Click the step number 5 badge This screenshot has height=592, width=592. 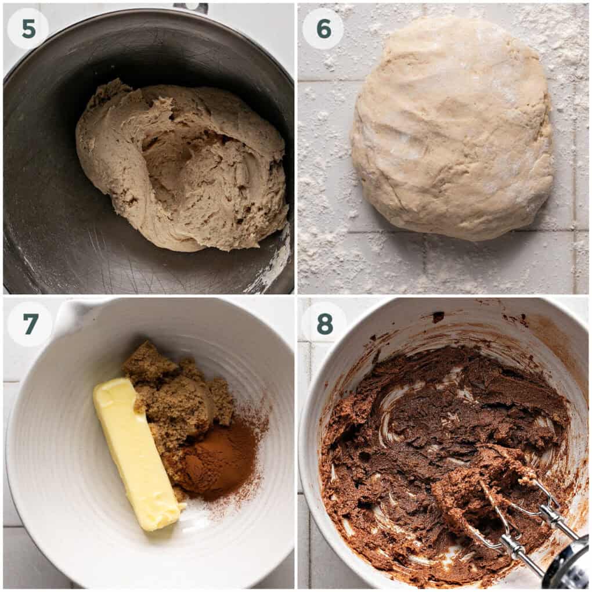(x=28, y=28)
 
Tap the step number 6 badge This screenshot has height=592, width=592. (x=323, y=28)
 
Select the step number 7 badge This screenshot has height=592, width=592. (x=30, y=324)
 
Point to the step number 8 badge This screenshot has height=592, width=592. (x=323, y=323)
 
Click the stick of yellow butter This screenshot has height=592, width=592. (x=136, y=453)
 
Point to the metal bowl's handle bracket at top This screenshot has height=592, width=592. (x=192, y=8)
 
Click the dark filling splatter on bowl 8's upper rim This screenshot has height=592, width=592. (x=438, y=316)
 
